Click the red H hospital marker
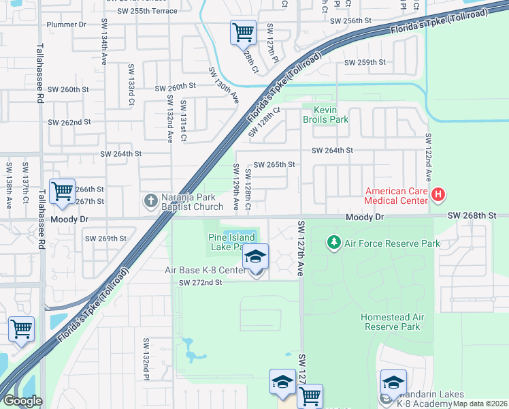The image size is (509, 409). coord(438,196)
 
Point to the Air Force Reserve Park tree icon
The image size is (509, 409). coord(333,243)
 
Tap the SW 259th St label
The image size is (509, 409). coord(365,62)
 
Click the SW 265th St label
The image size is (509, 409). coord(274,164)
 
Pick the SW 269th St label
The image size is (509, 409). coord(105,239)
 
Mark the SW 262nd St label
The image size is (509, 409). coord(69,122)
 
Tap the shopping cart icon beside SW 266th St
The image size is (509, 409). coord(62,192)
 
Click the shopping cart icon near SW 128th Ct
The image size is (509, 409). coord(243,31)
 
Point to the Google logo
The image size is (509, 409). coord(22,401)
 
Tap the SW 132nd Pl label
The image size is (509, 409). coord(146,358)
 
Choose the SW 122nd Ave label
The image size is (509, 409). coord(429,168)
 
